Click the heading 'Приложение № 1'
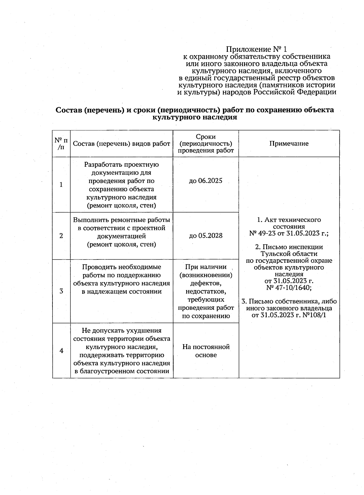pyautogui.click(x=257, y=49)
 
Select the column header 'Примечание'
pyautogui.click(x=289, y=144)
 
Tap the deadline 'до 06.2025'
pyautogui.click(x=206, y=181)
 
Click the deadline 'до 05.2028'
pyautogui.click(x=206, y=236)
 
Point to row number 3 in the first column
pyautogui.click(x=61, y=291)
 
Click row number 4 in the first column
pyautogui.click(x=61, y=351)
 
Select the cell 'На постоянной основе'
pyautogui.click(x=206, y=351)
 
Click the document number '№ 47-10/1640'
pyautogui.click(x=289, y=288)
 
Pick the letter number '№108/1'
pyautogui.click(x=314, y=315)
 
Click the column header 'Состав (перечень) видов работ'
pyautogui.click(x=121, y=144)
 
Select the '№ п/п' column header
pyautogui.click(x=61, y=144)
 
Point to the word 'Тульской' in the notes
pyautogui.click(x=273, y=254)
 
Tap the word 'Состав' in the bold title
pyautogui.click(x=68, y=110)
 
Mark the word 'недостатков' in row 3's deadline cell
pyautogui.click(x=206, y=292)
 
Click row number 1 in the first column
pyautogui.click(x=61, y=185)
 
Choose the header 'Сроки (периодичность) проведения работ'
pyautogui.click(x=206, y=144)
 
